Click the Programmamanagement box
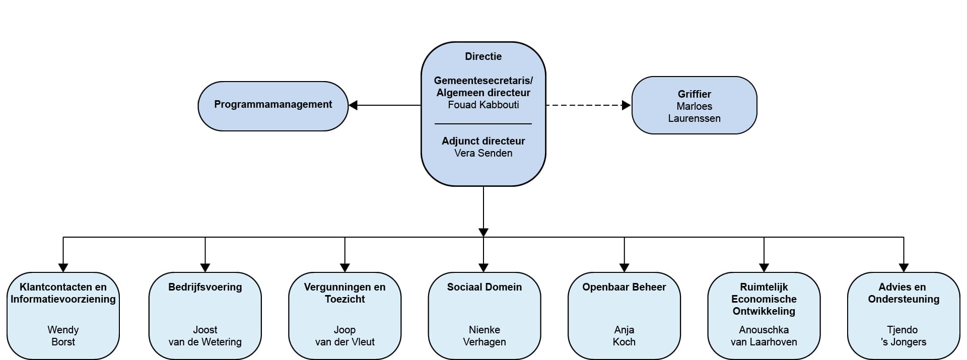(x=273, y=106)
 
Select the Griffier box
(x=694, y=105)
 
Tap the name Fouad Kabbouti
(x=483, y=105)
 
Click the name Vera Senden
(x=483, y=153)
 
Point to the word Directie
(x=483, y=56)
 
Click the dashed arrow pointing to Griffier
(x=588, y=105)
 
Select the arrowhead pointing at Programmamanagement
(x=353, y=105)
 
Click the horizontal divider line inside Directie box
(x=483, y=124)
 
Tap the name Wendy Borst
(x=63, y=336)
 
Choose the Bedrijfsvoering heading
(x=205, y=287)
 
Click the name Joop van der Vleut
(x=345, y=336)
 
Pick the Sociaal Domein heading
(x=485, y=287)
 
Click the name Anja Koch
(x=624, y=336)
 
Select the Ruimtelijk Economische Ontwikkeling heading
(x=764, y=299)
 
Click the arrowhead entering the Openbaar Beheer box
(x=625, y=268)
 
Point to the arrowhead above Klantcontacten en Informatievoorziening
(x=63, y=268)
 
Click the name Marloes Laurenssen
(x=695, y=112)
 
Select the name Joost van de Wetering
(x=205, y=336)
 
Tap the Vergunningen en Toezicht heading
(x=345, y=293)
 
